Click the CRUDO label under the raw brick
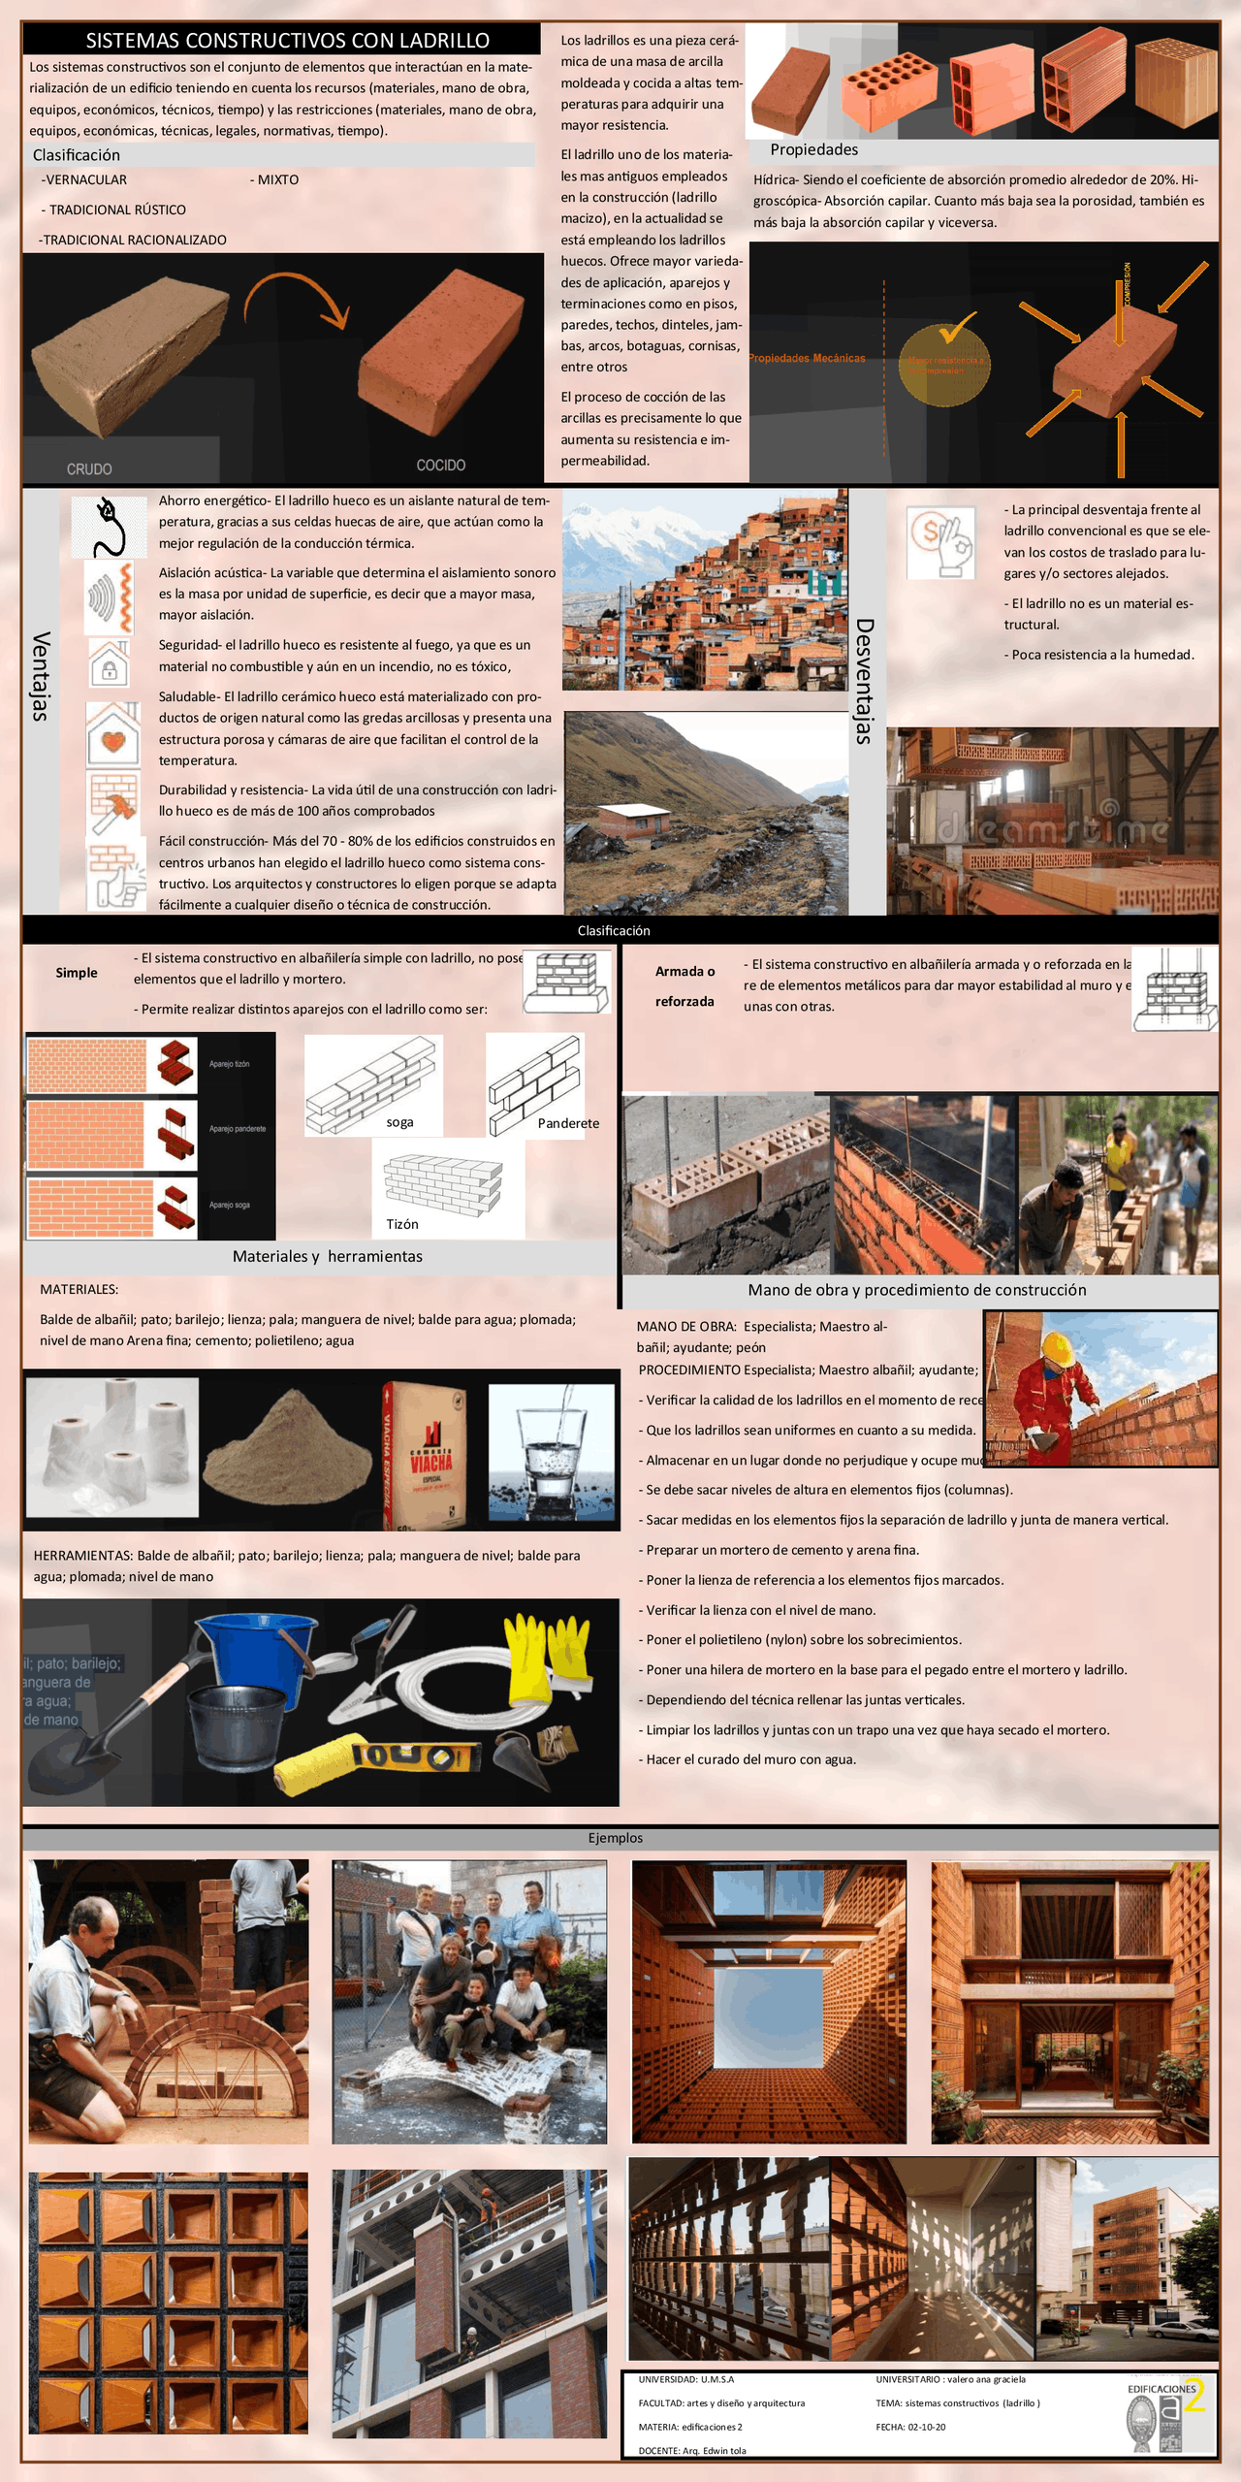point(89,468)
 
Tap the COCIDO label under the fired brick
point(440,466)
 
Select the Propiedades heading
point(813,149)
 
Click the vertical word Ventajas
point(40,676)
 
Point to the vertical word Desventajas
point(864,681)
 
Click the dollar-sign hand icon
point(940,543)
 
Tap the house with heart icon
point(112,736)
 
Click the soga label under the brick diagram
point(399,1122)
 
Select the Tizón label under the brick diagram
point(402,1224)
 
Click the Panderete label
point(568,1123)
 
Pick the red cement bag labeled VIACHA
point(427,1451)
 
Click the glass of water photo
point(551,1449)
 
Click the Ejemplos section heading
point(615,1837)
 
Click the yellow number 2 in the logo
point(1194,2396)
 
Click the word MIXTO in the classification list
point(278,179)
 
